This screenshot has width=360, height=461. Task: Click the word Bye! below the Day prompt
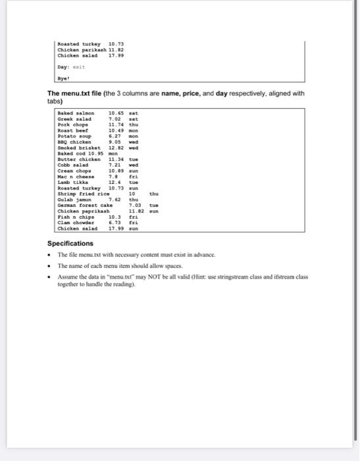[64, 76]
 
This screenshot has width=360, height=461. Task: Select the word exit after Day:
[78, 66]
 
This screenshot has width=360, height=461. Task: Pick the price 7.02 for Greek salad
[115, 119]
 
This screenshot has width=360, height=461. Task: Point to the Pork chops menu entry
[73, 124]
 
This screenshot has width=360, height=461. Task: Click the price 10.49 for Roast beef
[116, 130]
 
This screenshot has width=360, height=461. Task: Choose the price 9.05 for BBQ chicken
[115, 140]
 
